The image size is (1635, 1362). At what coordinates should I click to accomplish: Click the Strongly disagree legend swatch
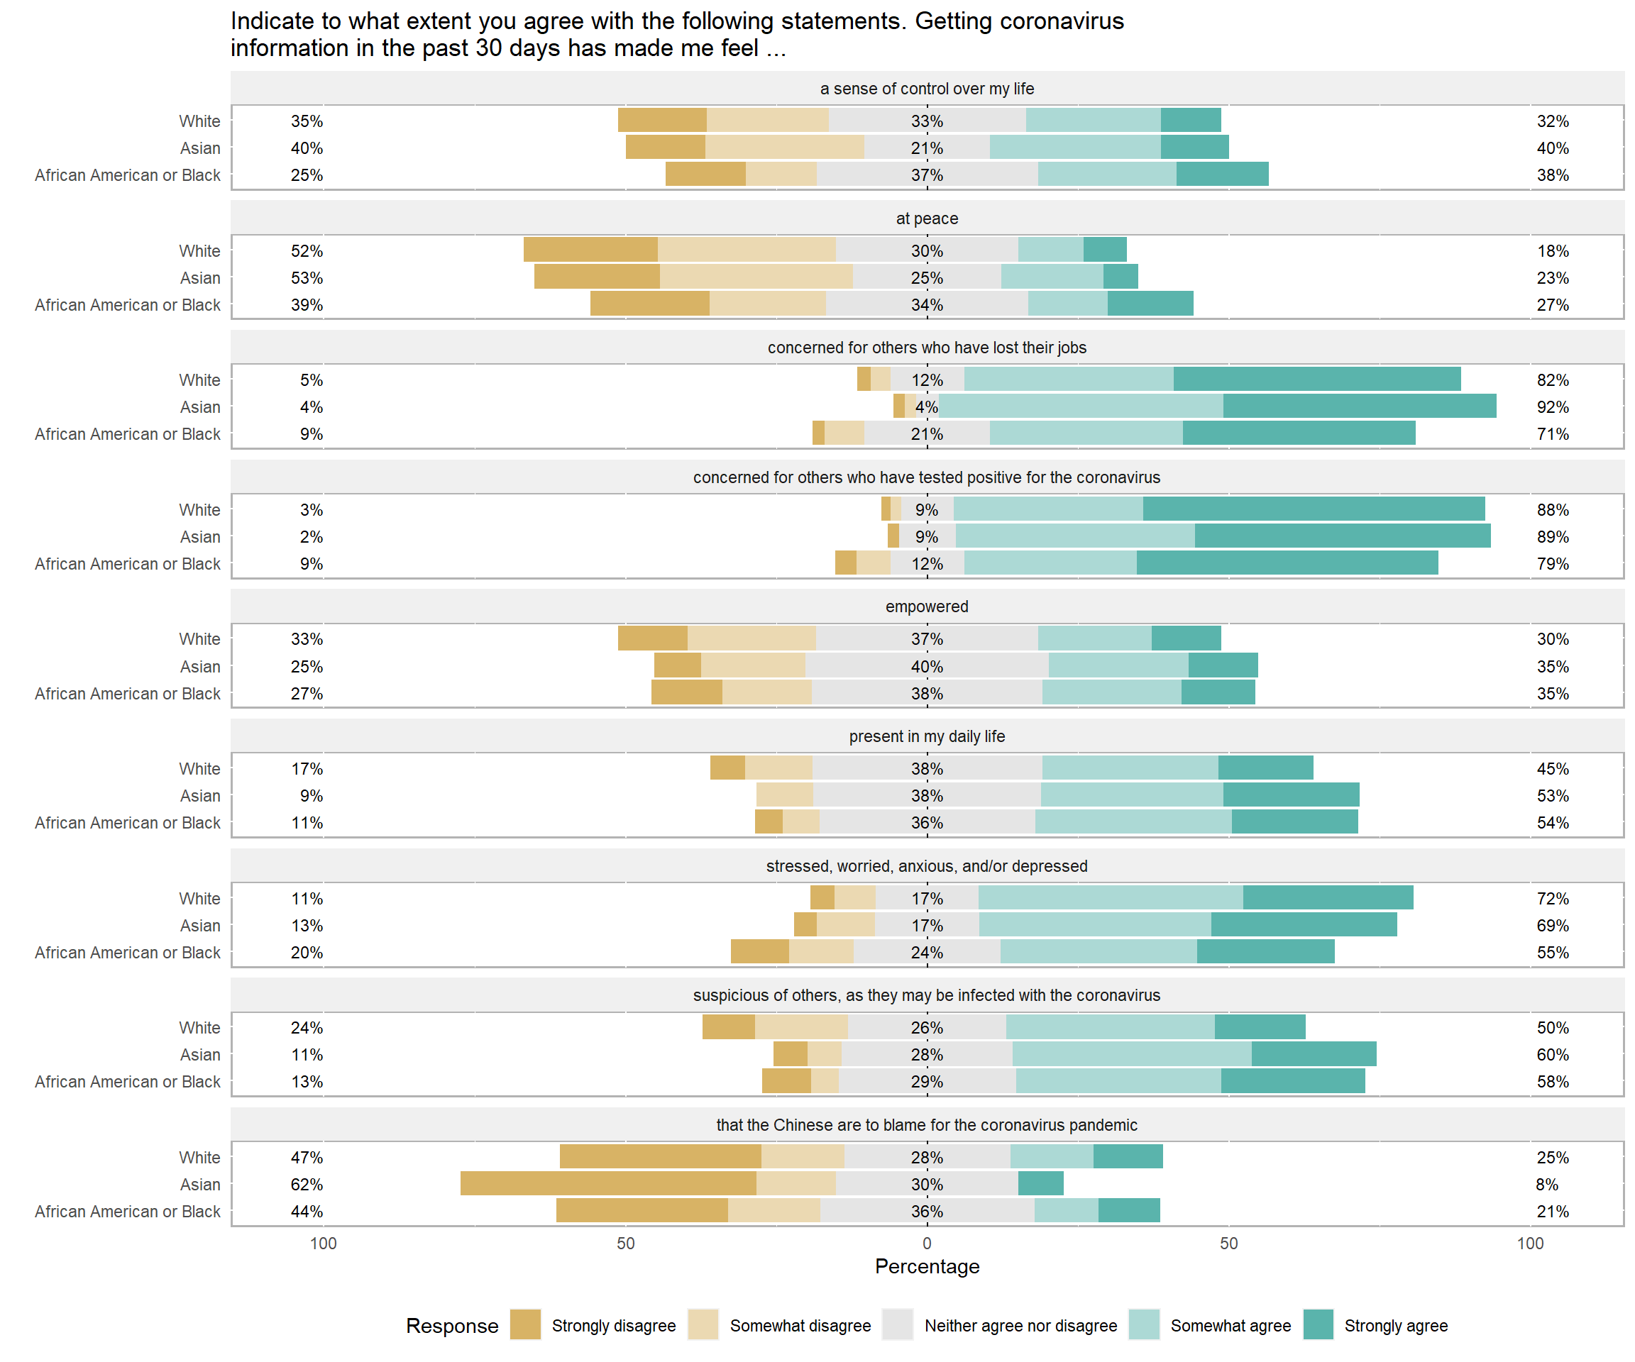(526, 1324)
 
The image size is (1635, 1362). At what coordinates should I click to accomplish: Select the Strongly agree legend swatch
(1318, 1324)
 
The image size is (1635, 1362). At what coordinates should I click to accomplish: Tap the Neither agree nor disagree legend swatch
(898, 1324)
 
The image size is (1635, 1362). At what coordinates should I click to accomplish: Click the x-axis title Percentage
(927, 1266)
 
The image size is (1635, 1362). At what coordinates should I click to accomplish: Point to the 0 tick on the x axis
(927, 1243)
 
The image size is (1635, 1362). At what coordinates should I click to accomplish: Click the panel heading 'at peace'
(927, 218)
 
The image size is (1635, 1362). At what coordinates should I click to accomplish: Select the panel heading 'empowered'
(927, 607)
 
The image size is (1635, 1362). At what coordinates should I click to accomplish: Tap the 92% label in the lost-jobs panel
(1553, 407)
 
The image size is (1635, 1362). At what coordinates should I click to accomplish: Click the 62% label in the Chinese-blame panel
(307, 1185)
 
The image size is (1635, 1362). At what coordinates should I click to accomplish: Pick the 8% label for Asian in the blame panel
(1547, 1185)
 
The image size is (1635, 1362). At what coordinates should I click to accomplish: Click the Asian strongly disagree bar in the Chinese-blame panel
(608, 1184)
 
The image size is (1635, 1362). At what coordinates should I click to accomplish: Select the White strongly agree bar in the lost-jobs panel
(1316, 379)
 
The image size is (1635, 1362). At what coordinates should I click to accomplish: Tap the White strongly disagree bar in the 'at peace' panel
(590, 250)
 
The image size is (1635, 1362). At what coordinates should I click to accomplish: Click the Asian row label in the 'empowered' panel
(200, 667)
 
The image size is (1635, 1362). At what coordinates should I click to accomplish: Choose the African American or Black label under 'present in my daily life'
(128, 823)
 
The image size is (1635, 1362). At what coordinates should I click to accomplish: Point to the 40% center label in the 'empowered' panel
(927, 667)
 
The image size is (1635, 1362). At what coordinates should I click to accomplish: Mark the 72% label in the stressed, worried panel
(1553, 898)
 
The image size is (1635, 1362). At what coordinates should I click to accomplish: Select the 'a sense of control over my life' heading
(927, 89)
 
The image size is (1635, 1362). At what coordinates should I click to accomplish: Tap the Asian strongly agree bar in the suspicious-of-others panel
(1314, 1054)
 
